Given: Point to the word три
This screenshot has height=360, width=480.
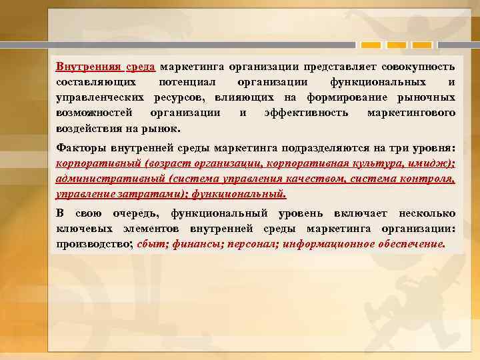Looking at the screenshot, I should (406, 148).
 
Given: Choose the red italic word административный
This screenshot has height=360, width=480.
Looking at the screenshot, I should (111, 179).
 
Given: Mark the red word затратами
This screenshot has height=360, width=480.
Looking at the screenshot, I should (144, 193).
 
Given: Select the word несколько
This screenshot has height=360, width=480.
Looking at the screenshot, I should (427, 214).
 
